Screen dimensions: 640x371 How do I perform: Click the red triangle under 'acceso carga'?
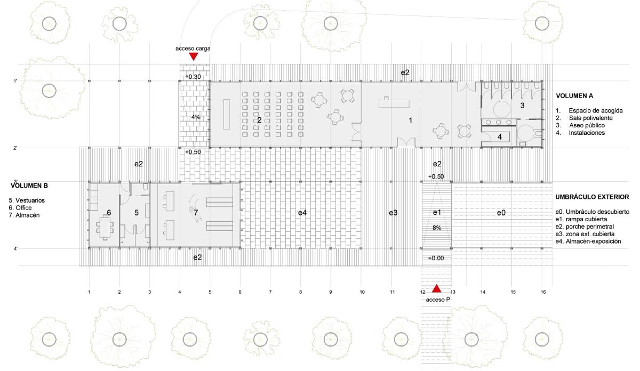[x=194, y=57]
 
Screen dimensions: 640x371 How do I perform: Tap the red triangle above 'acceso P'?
[x=436, y=288]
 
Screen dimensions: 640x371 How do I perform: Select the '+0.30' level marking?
[x=193, y=77]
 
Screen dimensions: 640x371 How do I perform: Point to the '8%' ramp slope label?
[x=437, y=228]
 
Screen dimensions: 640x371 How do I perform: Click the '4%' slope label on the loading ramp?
[x=196, y=117]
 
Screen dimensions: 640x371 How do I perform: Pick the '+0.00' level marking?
[x=436, y=258]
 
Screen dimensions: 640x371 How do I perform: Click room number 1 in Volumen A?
[x=411, y=120]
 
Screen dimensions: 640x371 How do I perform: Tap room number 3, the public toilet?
[x=522, y=106]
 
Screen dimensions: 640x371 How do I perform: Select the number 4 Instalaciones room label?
[x=499, y=137]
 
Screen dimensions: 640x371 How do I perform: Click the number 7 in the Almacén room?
[x=196, y=213]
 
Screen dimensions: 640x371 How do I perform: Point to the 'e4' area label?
[x=302, y=213]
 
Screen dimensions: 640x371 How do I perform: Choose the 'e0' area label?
[x=501, y=213]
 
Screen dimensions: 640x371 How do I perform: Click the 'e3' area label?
[x=393, y=213]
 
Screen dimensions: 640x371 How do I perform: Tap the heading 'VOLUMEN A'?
[x=574, y=96]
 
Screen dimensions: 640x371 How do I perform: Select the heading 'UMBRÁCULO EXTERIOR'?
[x=592, y=197]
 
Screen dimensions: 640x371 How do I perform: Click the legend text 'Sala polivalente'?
[x=590, y=118]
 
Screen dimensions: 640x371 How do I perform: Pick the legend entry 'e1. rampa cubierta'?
[x=581, y=219]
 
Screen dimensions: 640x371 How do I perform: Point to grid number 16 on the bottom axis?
[x=543, y=292]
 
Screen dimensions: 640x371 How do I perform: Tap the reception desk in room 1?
[x=394, y=103]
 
